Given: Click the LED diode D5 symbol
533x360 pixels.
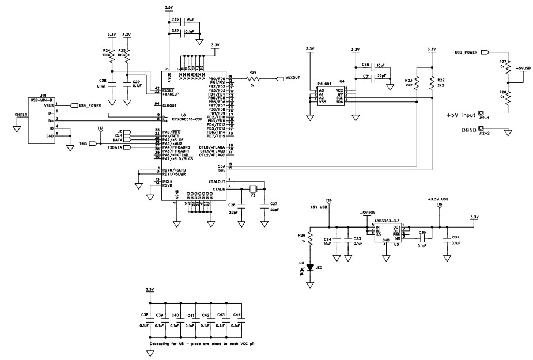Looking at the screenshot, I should [x=311, y=267].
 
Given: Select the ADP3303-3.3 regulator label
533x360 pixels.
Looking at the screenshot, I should [x=386, y=220].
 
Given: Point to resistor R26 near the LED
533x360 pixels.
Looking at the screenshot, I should [x=311, y=237].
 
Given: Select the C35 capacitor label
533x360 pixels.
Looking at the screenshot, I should [x=176, y=19].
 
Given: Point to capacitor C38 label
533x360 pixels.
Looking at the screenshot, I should [x=144, y=315].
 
